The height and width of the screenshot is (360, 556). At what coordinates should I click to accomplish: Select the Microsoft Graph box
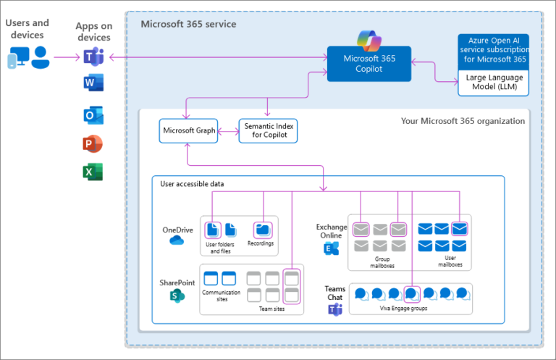click(188, 131)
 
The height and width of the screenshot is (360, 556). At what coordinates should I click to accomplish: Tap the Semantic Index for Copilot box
click(268, 131)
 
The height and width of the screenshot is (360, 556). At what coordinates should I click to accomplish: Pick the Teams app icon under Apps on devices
click(93, 56)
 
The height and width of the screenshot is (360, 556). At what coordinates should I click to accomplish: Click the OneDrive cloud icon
click(177, 240)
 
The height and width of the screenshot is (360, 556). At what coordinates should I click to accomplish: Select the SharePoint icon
click(176, 295)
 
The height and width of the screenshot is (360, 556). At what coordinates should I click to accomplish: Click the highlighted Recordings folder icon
click(263, 230)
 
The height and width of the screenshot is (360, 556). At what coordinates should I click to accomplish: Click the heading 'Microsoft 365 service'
click(188, 24)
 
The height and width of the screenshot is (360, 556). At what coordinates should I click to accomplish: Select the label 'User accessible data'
click(192, 184)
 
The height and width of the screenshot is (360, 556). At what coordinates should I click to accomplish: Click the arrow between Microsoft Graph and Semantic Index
click(228, 131)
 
